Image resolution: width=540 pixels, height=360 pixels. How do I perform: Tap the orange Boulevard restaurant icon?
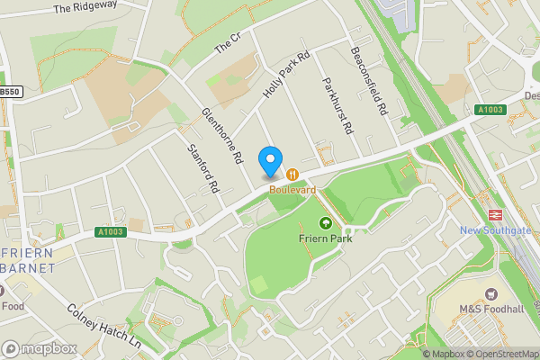click(293, 174)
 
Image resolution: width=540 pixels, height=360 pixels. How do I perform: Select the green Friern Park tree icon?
click(325, 222)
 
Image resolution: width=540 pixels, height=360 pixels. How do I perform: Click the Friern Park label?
click(325, 238)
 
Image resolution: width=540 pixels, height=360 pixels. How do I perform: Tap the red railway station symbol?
click(494, 214)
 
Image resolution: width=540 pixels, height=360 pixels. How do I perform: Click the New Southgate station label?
click(494, 230)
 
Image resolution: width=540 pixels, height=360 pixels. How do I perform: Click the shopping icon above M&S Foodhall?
click(491, 294)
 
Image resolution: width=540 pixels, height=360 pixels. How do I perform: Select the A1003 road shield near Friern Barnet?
click(110, 231)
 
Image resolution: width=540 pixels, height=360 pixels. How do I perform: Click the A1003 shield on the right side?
click(490, 109)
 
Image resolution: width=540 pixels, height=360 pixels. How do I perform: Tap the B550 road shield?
click(10, 91)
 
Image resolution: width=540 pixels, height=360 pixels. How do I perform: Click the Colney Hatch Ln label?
click(103, 326)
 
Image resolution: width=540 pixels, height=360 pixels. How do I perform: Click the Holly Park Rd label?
click(286, 76)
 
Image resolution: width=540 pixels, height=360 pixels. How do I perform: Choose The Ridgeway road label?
click(85, 8)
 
